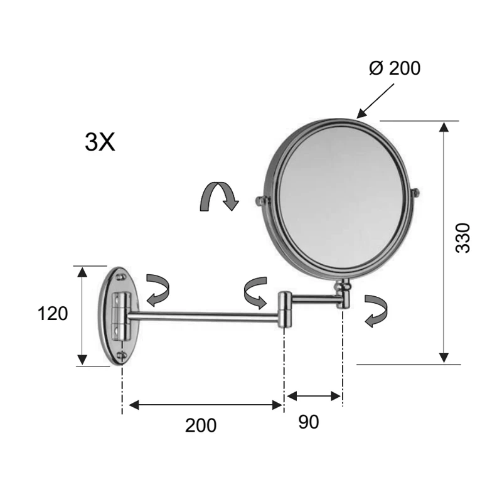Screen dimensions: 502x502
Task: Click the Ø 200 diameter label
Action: (x=395, y=68)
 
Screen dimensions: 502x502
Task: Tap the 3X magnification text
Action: (x=100, y=142)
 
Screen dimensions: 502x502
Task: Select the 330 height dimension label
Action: (x=462, y=237)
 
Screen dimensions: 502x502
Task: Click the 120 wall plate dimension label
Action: (x=53, y=313)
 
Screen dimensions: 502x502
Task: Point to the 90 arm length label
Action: (x=308, y=422)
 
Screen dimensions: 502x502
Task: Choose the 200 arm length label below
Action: (x=201, y=425)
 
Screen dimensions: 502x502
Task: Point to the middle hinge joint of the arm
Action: (x=284, y=309)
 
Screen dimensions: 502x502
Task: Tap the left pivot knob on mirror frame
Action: (x=260, y=201)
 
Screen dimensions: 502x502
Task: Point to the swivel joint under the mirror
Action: (x=343, y=294)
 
